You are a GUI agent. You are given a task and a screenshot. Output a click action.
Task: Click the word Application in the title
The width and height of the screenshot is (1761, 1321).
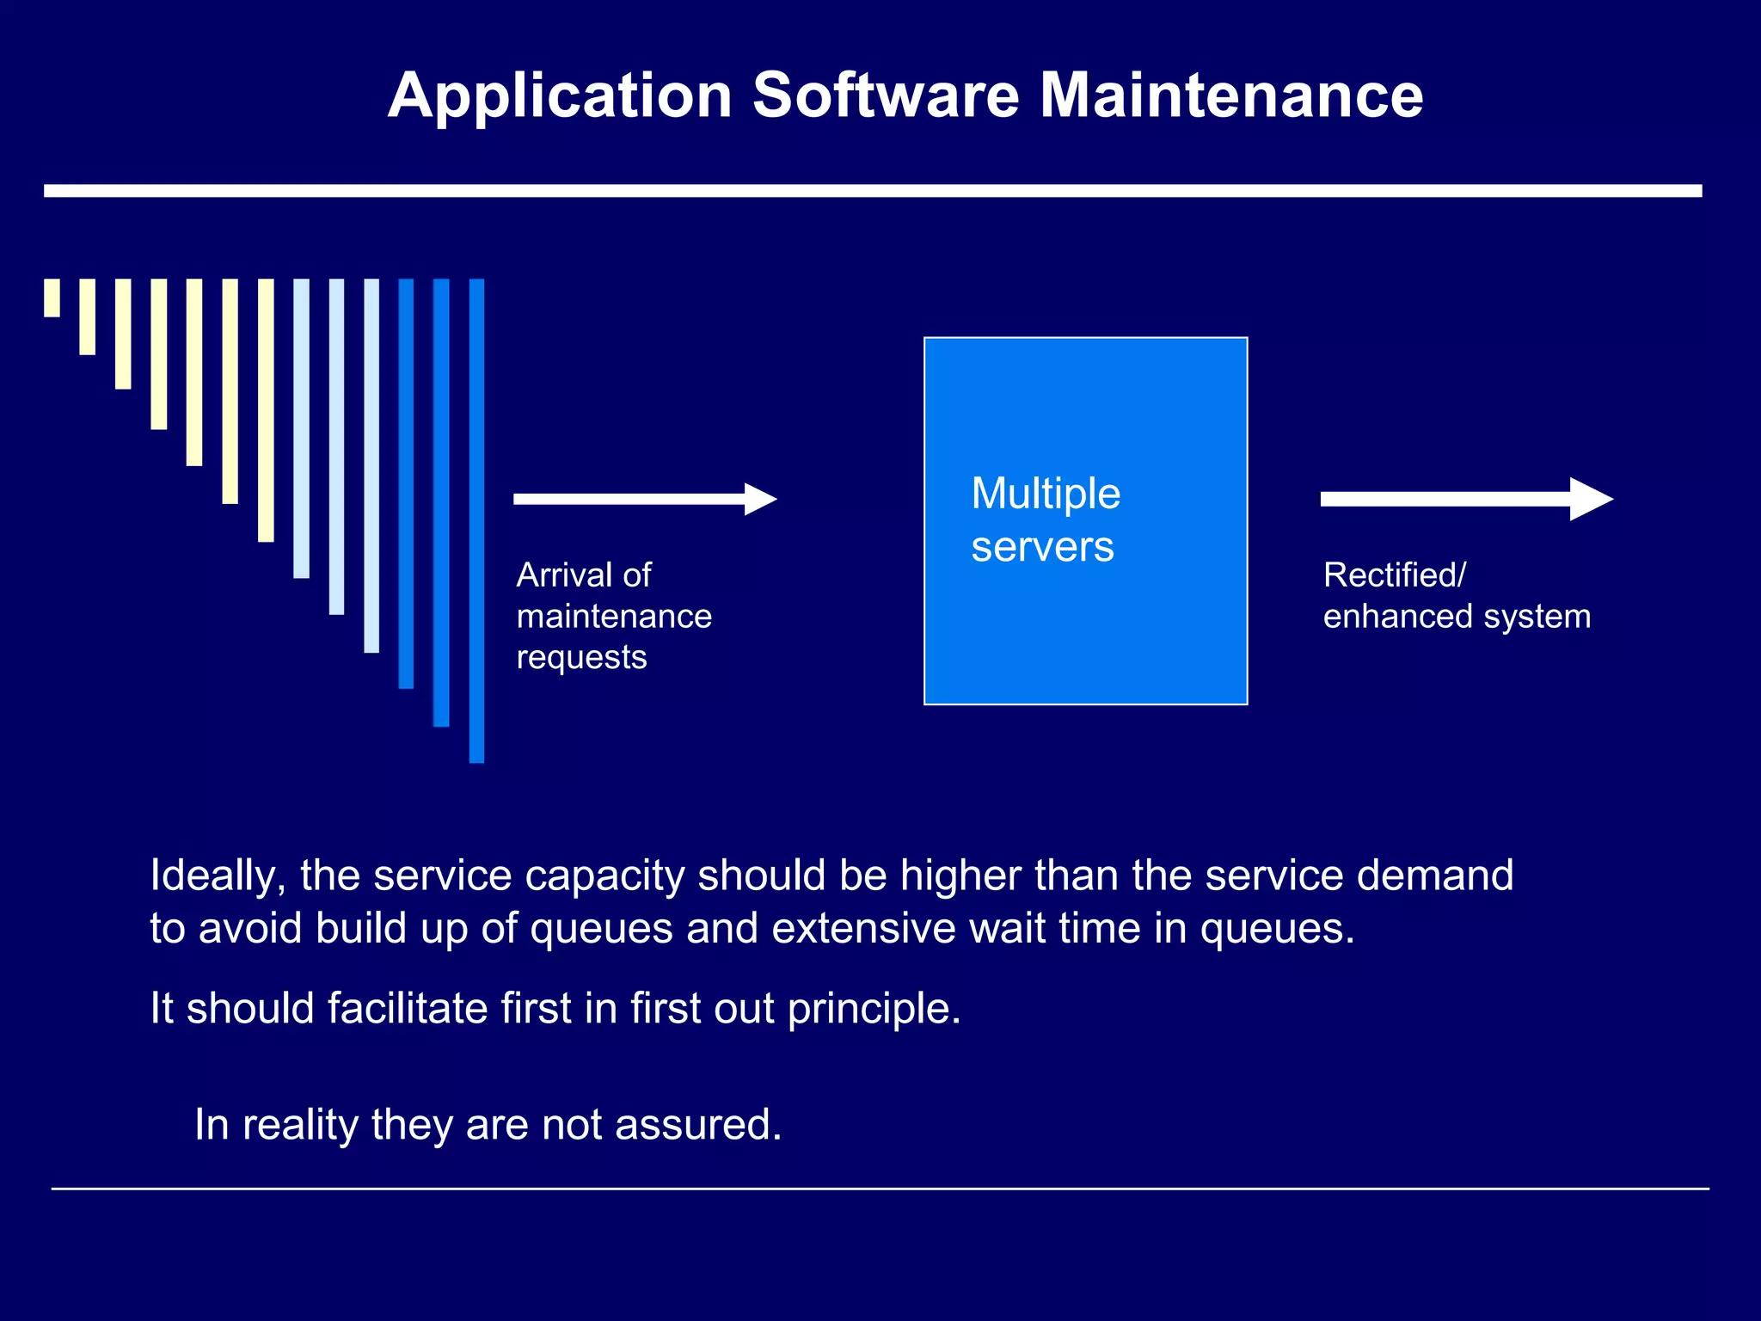click(x=559, y=95)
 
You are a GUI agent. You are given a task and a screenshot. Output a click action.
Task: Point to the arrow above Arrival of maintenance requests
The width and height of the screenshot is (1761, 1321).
click(x=644, y=499)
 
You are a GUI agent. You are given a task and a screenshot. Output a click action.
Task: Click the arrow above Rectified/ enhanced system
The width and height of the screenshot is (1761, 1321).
click(x=1465, y=499)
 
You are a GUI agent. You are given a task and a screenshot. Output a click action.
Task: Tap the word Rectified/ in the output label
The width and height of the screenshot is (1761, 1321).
click(x=1394, y=574)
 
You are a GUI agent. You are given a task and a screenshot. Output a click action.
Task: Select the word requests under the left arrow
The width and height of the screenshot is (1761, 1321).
click(x=581, y=657)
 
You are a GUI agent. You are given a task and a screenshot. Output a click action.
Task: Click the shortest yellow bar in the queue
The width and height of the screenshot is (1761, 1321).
click(x=52, y=298)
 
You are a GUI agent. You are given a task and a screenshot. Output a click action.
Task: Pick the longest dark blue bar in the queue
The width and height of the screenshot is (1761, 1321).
click(x=476, y=520)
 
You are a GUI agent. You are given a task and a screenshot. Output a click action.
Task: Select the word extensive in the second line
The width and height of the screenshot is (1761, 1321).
click(x=863, y=929)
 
